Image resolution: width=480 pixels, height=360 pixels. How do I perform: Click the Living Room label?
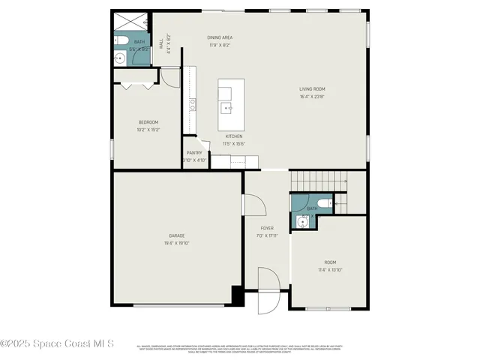[312, 88]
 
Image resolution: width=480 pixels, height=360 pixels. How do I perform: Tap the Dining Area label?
[220, 37]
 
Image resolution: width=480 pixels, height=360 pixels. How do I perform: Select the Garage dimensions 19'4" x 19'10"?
[177, 243]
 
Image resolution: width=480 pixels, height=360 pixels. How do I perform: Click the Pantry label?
[194, 152]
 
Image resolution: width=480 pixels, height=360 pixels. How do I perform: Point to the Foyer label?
[267, 227]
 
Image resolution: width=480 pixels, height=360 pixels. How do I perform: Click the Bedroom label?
[148, 122]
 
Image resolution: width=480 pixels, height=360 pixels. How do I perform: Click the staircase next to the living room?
[319, 180]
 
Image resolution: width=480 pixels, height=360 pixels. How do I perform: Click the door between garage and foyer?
[251, 205]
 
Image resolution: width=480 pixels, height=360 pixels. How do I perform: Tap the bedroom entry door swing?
[169, 76]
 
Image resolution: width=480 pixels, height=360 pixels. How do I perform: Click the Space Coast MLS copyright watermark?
[57, 343]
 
